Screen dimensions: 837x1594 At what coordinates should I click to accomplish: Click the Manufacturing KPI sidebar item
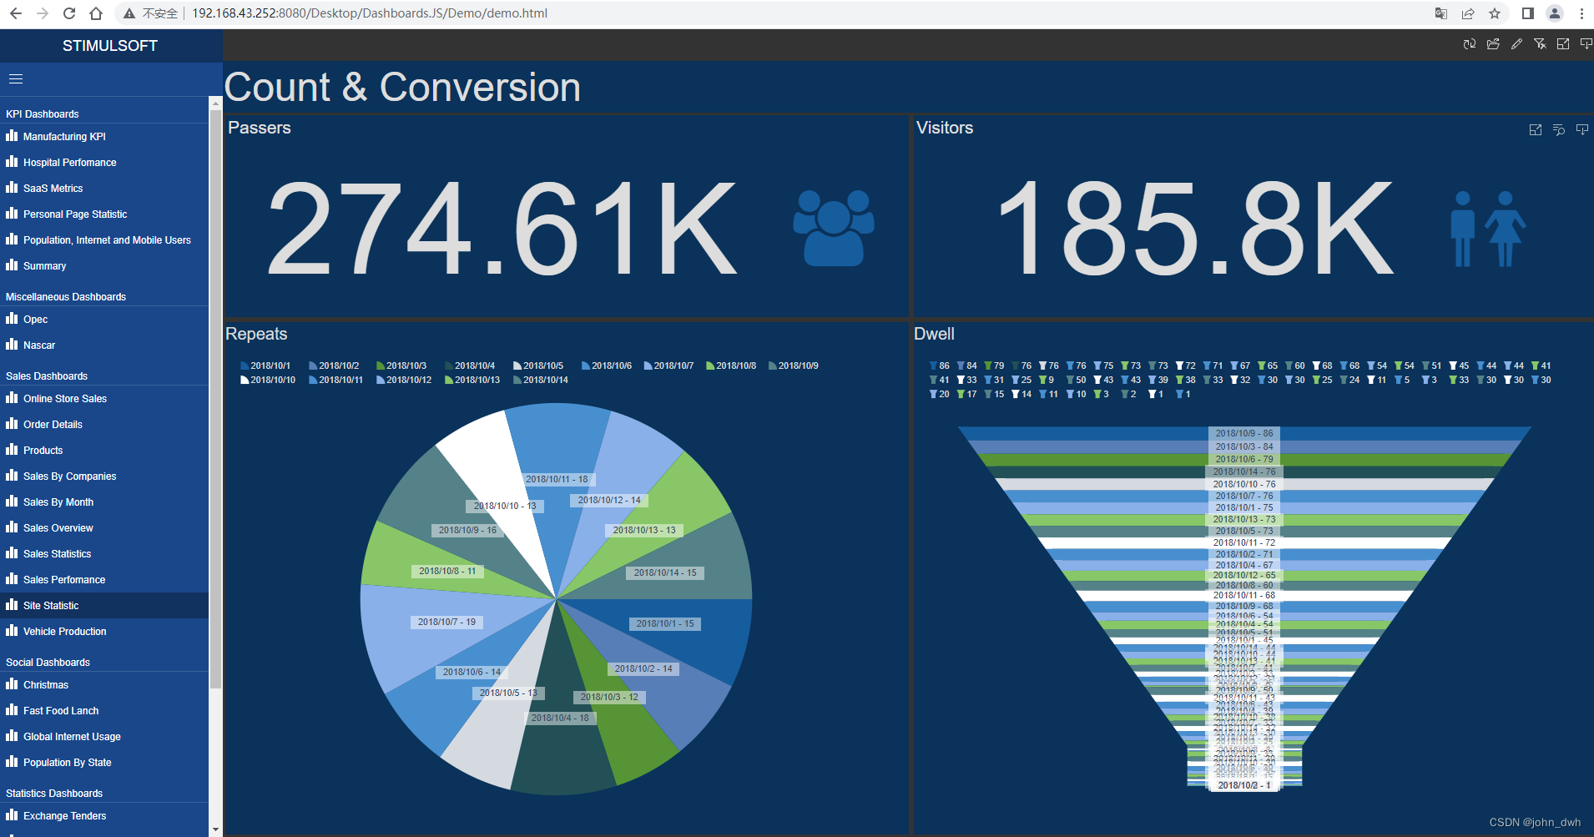(x=64, y=136)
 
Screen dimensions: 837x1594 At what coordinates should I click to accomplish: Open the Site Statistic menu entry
(x=51, y=605)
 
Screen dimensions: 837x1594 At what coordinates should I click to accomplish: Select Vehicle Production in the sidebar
(x=64, y=631)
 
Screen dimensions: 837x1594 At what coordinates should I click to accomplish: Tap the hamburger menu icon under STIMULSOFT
(x=16, y=79)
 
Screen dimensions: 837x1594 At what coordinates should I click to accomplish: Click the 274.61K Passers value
(x=501, y=229)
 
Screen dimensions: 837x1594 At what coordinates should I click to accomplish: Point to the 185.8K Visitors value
(x=1193, y=229)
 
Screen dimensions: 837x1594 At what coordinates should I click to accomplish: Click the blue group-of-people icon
(x=833, y=227)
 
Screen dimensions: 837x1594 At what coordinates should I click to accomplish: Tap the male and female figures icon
(x=1487, y=229)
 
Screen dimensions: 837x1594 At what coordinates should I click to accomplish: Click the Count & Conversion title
(x=402, y=88)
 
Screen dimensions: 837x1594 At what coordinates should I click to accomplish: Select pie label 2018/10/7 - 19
(x=446, y=622)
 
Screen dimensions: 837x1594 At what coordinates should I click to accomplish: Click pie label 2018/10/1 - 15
(x=664, y=623)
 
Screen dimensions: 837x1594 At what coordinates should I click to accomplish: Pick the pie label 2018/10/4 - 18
(x=560, y=718)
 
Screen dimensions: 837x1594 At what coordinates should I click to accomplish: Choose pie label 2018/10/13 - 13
(x=643, y=530)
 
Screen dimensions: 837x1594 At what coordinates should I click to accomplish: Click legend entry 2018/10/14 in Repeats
(x=540, y=380)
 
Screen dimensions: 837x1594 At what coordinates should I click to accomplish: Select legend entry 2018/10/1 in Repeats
(x=265, y=366)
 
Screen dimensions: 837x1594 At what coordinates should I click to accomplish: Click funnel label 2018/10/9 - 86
(x=1243, y=433)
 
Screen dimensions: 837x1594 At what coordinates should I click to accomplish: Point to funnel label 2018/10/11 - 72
(x=1243, y=542)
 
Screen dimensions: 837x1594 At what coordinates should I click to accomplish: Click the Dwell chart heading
(x=934, y=334)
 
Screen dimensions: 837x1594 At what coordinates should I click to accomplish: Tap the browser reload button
(x=69, y=13)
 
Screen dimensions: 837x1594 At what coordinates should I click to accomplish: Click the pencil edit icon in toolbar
(x=1516, y=44)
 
